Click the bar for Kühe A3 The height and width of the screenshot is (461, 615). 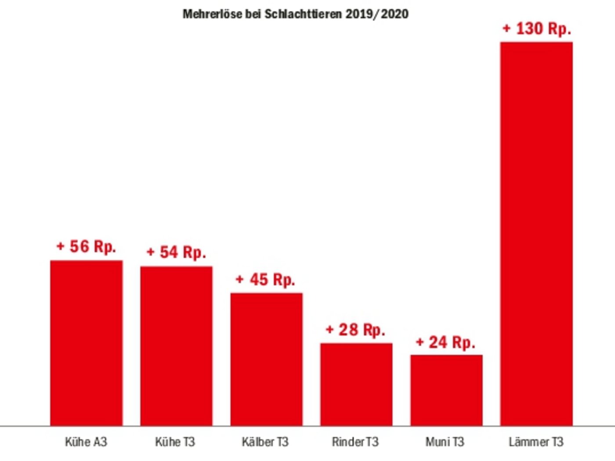pyautogui.click(x=86, y=343)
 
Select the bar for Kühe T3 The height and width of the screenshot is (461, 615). pyautogui.click(x=176, y=346)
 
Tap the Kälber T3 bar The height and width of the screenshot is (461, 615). pyautogui.click(x=266, y=359)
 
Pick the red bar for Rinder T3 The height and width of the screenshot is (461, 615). pyautogui.click(x=356, y=384)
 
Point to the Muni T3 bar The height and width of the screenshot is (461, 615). pyautogui.click(x=446, y=390)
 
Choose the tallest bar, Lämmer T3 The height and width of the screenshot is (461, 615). pyautogui.click(x=536, y=234)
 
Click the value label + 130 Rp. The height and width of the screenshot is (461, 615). pyautogui.click(x=536, y=29)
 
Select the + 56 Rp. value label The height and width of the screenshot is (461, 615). pyautogui.click(x=86, y=247)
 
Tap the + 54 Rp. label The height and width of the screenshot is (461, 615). pyautogui.click(x=176, y=252)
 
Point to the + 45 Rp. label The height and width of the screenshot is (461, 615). pyautogui.click(x=265, y=280)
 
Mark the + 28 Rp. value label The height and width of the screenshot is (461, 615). pyautogui.click(x=355, y=330)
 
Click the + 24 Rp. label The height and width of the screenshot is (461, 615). pyautogui.click(x=445, y=342)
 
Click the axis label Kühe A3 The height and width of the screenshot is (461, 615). pyautogui.click(x=86, y=442)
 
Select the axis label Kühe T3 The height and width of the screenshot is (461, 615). pyautogui.click(x=175, y=442)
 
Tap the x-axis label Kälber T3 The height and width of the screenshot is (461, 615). pyautogui.click(x=265, y=442)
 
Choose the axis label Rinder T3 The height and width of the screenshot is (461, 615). pyautogui.click(x=355, y=442)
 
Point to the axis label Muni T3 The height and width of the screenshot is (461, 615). pyautogui.click(x=445, y=442)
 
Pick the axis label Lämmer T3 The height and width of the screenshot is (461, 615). pyautogui.click(x=536, y=442)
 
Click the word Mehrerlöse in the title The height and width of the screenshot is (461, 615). pyautogui.click(x=213, y=14)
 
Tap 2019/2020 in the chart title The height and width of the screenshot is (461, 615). pyautogui.click(x=377, y=14)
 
